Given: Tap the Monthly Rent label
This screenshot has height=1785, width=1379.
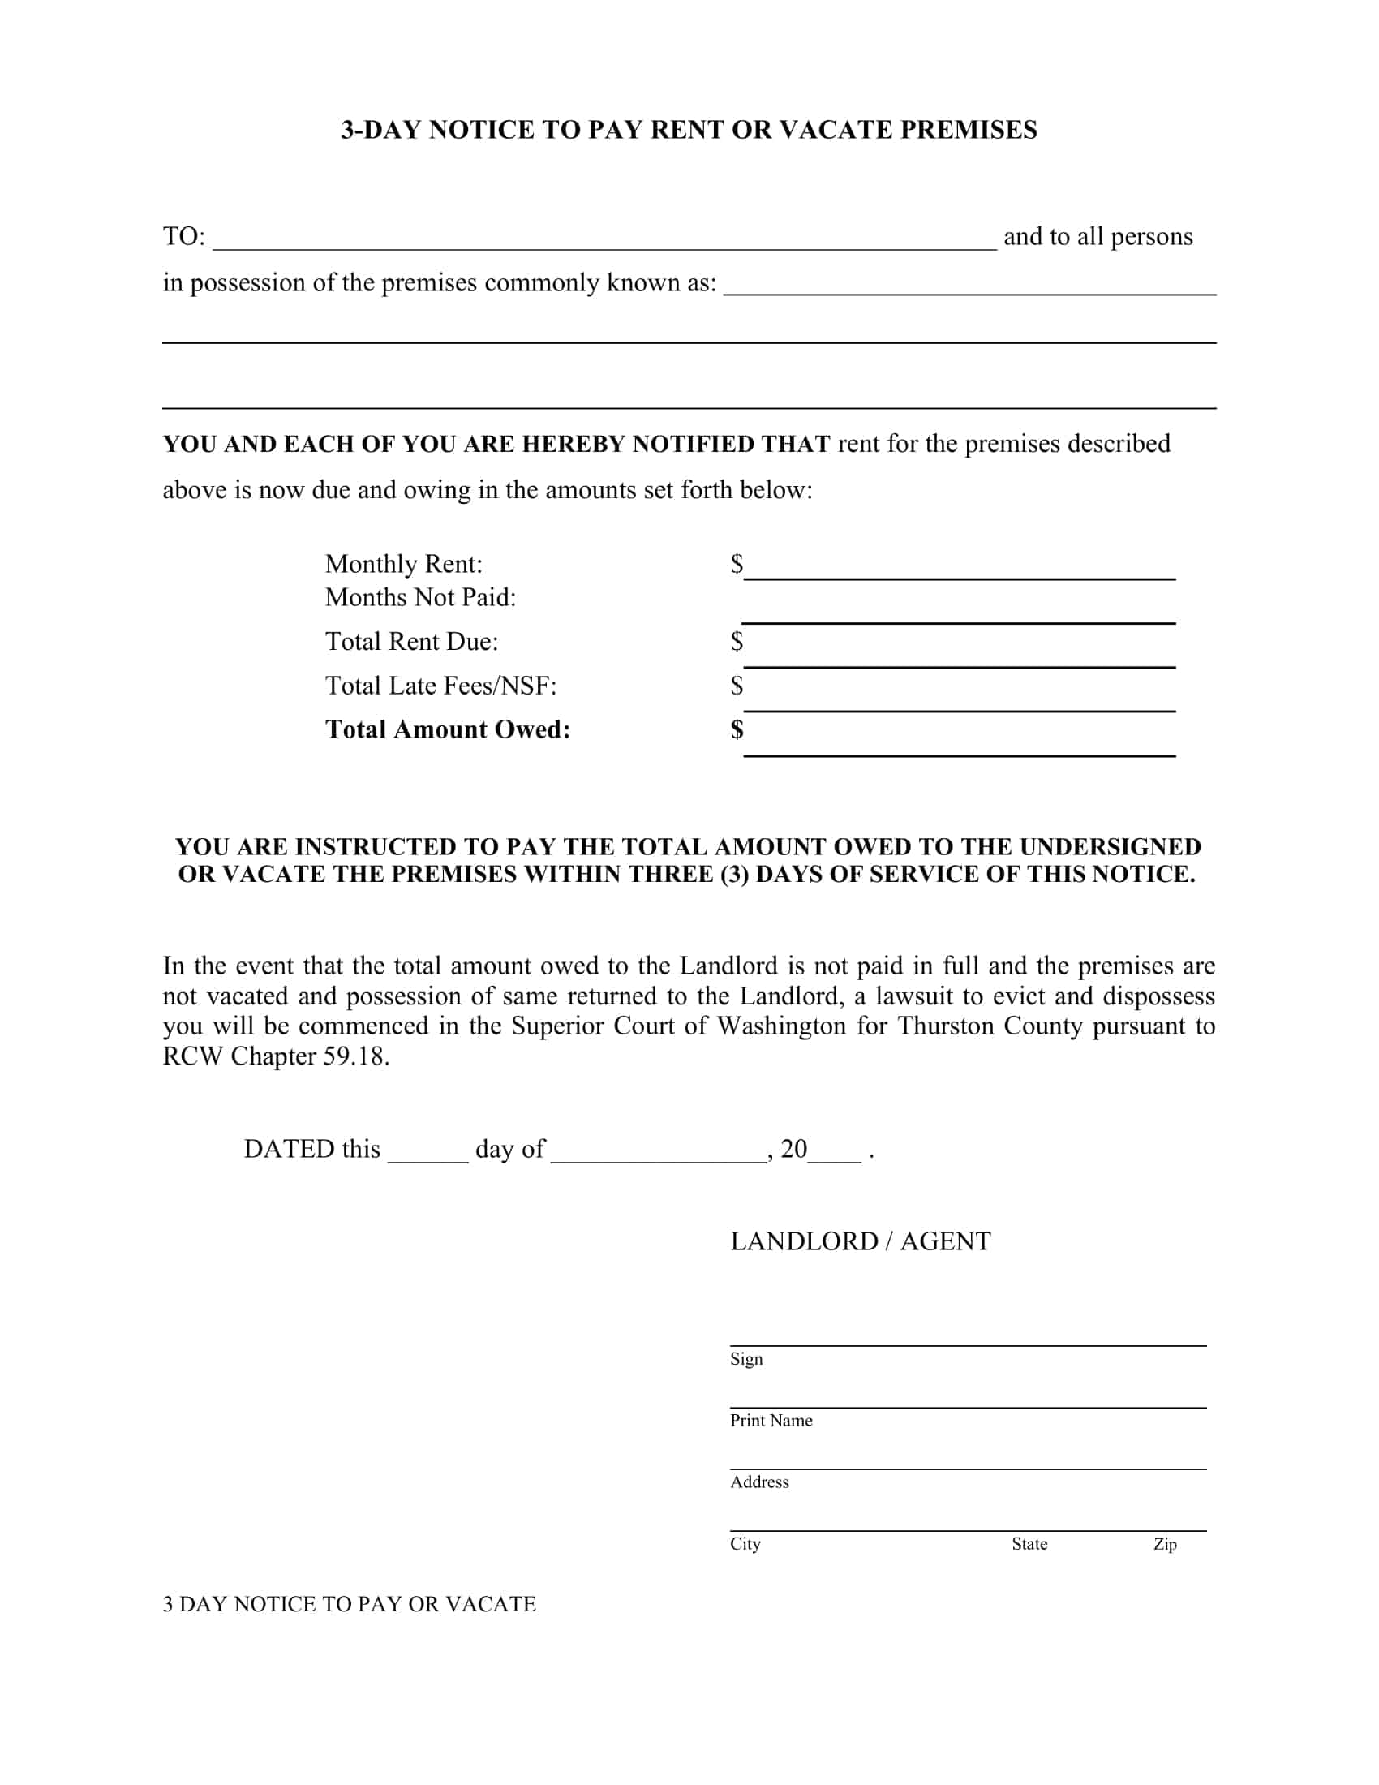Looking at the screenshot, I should coord(404,564).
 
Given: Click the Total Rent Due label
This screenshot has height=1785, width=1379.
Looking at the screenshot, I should coord(412,642).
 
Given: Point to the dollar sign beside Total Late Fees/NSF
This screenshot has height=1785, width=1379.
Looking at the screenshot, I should coord(737,686).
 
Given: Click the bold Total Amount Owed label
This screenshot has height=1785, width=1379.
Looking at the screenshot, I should coord(448,729).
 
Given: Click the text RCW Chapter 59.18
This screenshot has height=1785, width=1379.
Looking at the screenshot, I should coord(275,1056).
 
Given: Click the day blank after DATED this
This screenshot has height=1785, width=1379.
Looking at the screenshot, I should coord(427,1151).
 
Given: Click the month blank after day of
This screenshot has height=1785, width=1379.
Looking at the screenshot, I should coord(659,1151).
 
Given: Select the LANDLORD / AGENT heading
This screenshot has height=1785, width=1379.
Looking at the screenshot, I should coord(860,1241).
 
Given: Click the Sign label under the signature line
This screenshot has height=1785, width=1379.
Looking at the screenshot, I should coord(745,1359).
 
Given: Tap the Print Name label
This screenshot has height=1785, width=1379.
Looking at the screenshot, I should coord(771,1421).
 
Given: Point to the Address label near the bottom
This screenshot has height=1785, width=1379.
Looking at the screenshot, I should coord(759,1482).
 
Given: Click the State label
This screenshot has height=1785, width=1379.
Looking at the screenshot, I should coord(1029,1544).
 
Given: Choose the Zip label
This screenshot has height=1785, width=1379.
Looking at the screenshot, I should coord(1164,1544).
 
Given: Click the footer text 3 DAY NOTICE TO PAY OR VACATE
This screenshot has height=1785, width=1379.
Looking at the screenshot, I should coord(349,1604).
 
